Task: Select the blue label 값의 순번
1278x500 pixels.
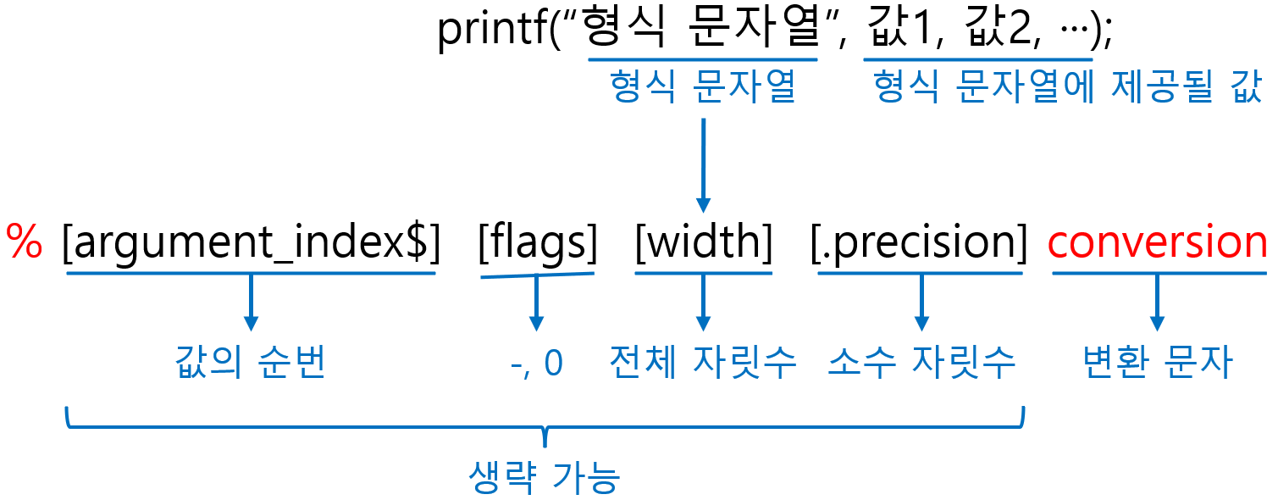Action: pos(251,363)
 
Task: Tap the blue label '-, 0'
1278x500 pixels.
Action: pos(537,363)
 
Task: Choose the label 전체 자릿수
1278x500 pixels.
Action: pos(703,363)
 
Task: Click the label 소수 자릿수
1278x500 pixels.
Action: pos(921,363)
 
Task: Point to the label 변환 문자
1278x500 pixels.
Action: pos(1158,363)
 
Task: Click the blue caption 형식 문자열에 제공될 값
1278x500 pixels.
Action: pos(1067,88)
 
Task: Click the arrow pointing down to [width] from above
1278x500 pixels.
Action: pos(703,165)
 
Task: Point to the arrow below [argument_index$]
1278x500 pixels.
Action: pos(251,303)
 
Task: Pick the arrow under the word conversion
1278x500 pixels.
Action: pos(1157,303)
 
